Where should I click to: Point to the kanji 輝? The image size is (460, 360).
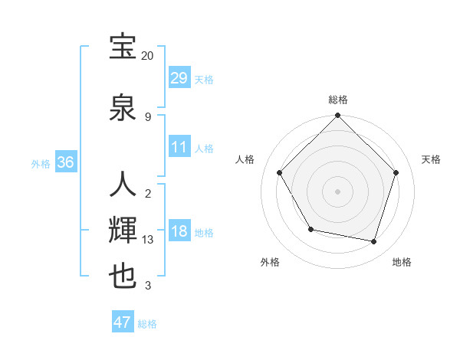[x=123, y=231]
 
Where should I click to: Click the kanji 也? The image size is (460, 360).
[x=123, y=277]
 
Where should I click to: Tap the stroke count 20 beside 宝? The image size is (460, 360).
[x=148, y=56]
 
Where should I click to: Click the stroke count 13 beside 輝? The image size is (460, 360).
[x=148, y=240]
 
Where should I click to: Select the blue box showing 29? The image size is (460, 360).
[x=179, y=77]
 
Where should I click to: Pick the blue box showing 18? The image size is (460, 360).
[x=179, y=231]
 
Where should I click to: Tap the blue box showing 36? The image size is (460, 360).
[x=65, y=162]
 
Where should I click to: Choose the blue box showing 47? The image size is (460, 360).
[x=123, y=322]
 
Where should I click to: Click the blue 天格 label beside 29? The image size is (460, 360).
[x=203, y=80]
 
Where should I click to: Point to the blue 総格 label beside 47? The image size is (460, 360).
[x=147, y=325]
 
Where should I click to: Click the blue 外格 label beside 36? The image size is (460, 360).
[x=41, y=164]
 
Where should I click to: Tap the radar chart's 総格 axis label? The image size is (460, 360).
[x=337, y=100]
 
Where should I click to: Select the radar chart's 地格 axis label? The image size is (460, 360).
[x=402, y=262]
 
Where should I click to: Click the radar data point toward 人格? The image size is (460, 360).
[x=279, y=172]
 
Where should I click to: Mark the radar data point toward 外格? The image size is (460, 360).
[x=310, y=229]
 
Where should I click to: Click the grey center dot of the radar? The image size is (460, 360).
[x=337, y=191]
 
